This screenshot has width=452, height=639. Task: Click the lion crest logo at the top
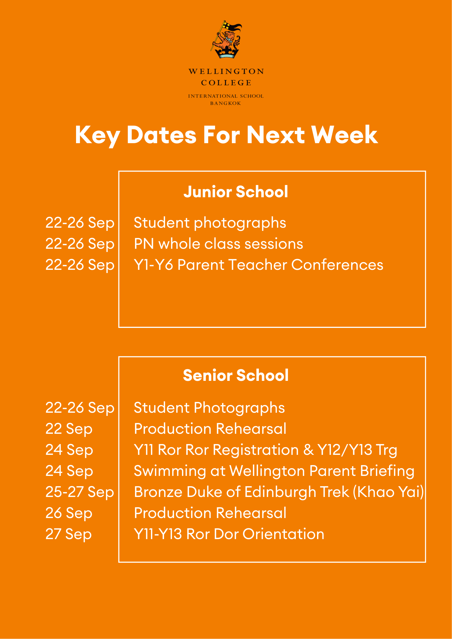point(226,40)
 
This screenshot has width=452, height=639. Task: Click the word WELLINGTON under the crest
point(226,71)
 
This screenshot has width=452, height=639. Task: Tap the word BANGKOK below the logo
point(226,103)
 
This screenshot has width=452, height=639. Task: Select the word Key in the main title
point(97,136)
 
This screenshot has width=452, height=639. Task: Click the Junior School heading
point(236,192)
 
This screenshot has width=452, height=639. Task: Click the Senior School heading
point(236,375)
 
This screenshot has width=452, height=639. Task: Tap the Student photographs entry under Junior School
point(210,223)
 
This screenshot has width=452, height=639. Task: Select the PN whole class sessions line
point(218,244)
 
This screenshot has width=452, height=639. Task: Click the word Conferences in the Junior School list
point(337,265)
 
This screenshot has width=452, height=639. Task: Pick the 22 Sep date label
point(69,429)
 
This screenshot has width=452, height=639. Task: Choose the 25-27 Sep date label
point(80,492)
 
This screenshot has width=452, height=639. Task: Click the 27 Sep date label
point(69,534)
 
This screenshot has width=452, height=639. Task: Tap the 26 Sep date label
point(69,513)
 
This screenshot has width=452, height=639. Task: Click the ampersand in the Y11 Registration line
point(308,450)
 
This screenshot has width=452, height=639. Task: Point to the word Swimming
point(170,471)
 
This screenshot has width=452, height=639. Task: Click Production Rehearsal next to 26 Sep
point(210,513)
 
